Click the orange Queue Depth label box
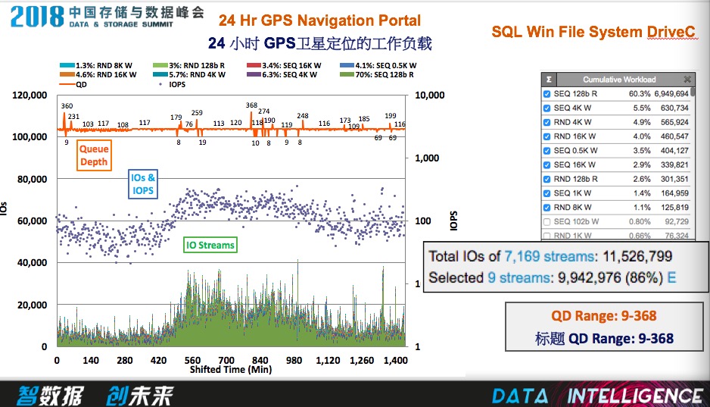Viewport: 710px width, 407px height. coord(95,155)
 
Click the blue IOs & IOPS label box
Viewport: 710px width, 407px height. coord(143,184)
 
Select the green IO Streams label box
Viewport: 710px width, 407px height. coord(211,245)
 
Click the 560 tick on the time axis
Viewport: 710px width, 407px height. coord(192,360)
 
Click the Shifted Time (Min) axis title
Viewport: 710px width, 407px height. coord(231,369)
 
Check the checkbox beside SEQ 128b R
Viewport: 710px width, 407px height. coord(547,94)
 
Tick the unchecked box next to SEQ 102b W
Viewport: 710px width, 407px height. coord(547,221)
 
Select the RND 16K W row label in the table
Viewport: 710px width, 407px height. coord(575,136)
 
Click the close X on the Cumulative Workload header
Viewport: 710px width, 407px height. coord(687,80)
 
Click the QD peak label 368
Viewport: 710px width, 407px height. coord(252,105)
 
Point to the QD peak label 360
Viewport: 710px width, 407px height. coord(67,106)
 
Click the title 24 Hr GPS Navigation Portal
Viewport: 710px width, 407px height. coord(319,20)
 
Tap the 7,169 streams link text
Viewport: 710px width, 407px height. coord(518,255)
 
